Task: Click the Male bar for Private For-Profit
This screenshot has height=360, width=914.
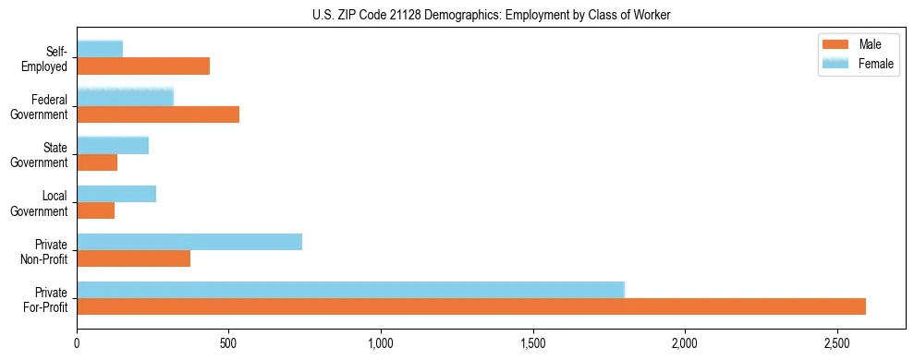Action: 471,306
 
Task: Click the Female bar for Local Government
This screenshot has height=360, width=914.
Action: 116,194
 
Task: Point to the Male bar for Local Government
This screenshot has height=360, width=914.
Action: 96,210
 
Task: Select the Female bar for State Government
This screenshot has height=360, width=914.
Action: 113,146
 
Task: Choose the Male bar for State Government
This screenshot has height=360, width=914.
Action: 97,162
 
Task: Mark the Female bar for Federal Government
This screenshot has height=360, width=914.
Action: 126,98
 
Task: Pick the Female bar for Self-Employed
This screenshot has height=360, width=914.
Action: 100,50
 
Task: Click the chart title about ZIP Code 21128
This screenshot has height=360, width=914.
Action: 491,14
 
